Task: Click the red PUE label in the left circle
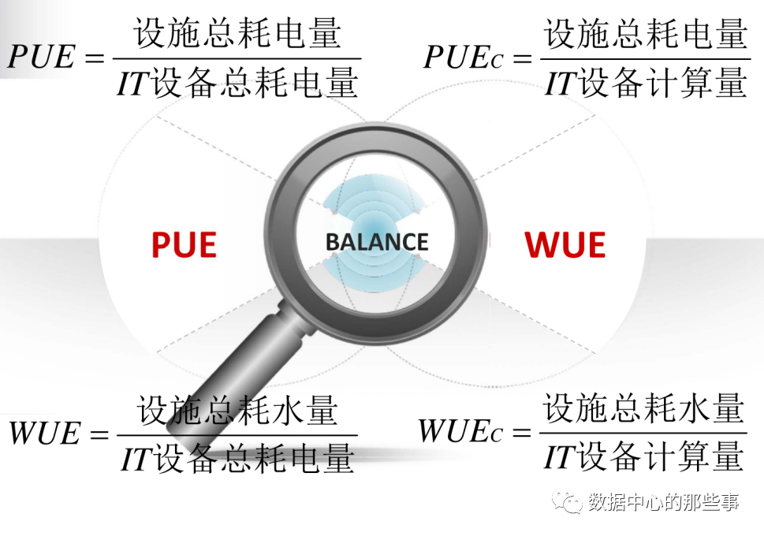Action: (184, 245)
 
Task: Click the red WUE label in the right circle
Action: (565, 245)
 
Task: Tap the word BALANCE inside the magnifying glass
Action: (377, 242)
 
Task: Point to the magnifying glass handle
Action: (229, 370)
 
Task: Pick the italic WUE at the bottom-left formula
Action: (45, 434)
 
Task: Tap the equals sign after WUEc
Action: (521, 433)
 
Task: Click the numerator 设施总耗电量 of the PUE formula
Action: (237, 34)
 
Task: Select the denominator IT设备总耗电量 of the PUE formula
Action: (237, 82)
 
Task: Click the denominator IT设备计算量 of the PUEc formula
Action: (645, 82)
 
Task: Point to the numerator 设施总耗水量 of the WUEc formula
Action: (643, 408)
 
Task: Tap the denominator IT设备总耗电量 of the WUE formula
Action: (237, 459)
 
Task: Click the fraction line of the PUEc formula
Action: (643, 58)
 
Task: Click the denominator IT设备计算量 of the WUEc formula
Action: (643, 456)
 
